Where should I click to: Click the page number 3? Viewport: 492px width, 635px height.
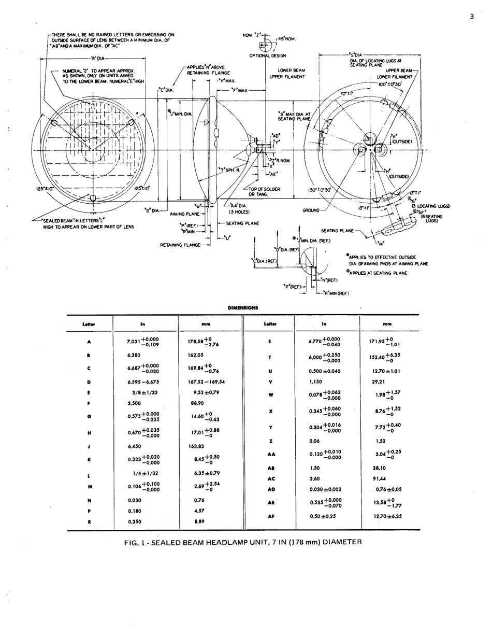click(x=472, y=17)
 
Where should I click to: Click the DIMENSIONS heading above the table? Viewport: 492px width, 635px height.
click(x=243, y=307)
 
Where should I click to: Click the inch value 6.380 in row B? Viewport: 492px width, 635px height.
click(x=134, y=356)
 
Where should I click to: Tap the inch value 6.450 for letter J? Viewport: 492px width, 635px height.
click(x=134, y=445)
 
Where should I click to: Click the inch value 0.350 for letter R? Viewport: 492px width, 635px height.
click(x=134, y=522)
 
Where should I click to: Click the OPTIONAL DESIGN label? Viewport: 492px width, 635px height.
click(x=267, y=55)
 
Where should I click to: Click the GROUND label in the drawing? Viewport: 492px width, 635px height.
click(x=313, y=211)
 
